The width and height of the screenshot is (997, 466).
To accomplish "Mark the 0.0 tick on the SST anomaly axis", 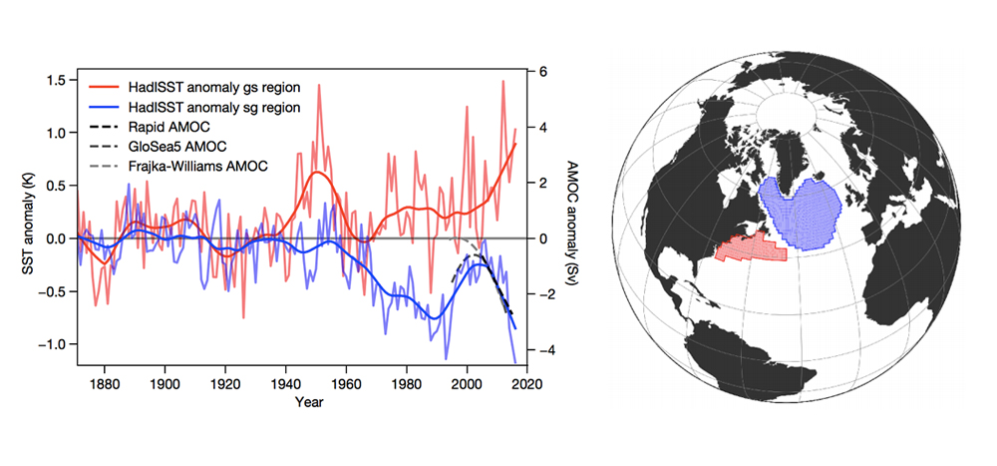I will point(56,238).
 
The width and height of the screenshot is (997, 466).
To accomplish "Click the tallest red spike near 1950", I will point(319,86).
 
